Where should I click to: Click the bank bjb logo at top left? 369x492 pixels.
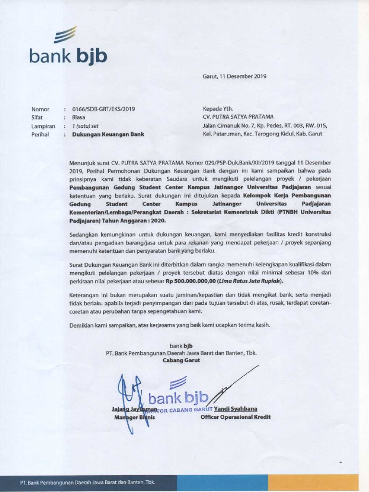coord(67,48)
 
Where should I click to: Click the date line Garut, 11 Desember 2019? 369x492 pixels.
coord(234,76)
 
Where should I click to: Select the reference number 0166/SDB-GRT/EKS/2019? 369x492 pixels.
coord(103,109)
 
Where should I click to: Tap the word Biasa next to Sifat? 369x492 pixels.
coord(79,117)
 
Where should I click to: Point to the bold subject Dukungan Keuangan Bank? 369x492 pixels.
coord(108,135)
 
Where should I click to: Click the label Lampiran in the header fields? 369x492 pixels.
coord(43,126)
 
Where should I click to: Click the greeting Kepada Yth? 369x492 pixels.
coord(218,109)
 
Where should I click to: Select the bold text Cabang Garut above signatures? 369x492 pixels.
coord(181,360)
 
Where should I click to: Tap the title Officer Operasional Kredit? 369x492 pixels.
coord(235,417)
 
